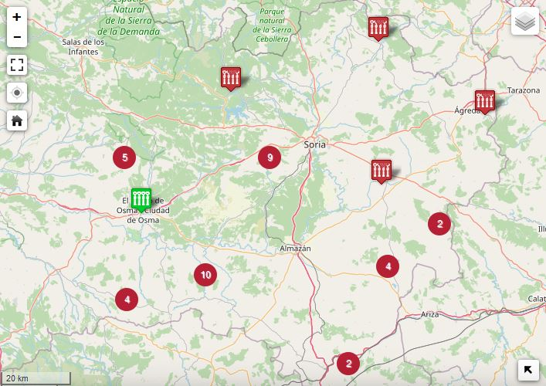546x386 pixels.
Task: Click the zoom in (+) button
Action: (x=17, y=17)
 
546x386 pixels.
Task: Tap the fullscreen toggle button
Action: (x=17, y=65)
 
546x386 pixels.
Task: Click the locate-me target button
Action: (x=17, y=93)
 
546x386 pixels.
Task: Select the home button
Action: (x=17, y=121)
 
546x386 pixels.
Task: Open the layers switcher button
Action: (x=525, y=22)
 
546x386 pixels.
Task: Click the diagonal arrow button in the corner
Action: (x=528, y=371)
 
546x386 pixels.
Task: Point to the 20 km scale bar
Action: (x=36, y=378)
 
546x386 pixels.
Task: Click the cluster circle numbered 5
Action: (x=125, y=157)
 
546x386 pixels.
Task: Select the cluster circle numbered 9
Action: (x=270, y=157)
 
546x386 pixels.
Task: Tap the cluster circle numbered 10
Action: (x=205, y=274)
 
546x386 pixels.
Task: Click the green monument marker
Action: (x=141, y=199)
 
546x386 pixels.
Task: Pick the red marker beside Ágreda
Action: (x=485, y=100)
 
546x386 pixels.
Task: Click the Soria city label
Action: (x=315, y=144)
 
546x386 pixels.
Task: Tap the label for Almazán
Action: (x=295, y=249)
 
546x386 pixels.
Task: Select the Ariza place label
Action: (x=430, y=314)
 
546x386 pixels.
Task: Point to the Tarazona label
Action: (x=524, y=90)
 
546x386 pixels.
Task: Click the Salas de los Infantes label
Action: (x=83, y=46)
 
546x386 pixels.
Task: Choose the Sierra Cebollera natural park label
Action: (x=272, y=25)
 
